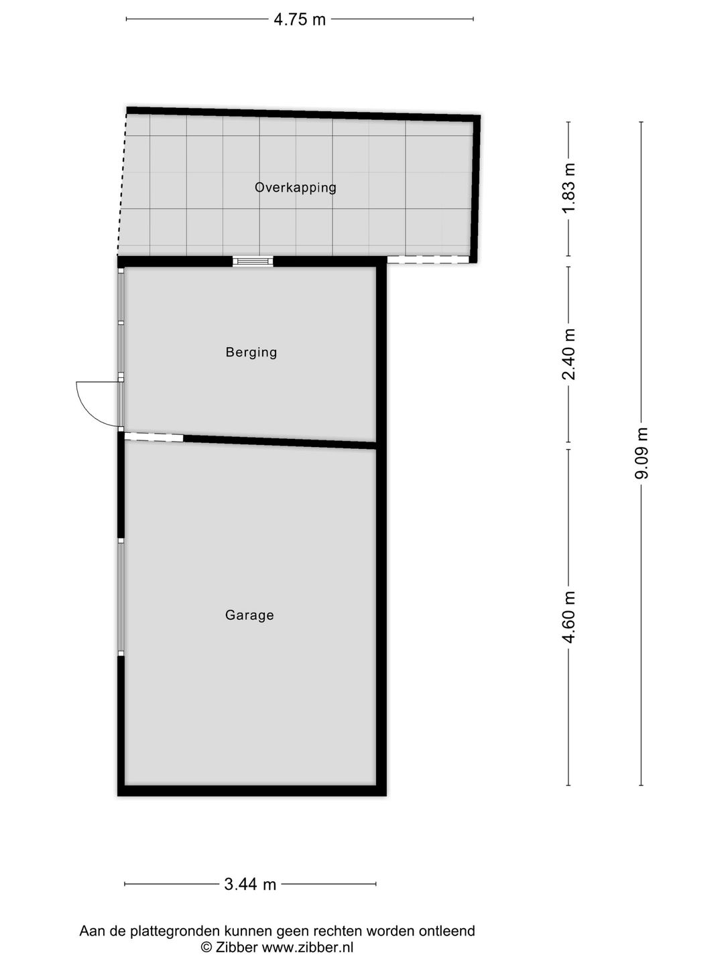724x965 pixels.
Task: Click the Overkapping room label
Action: coord(296,188)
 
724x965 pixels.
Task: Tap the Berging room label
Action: coord(251,352)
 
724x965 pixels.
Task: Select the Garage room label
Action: coord(249,615)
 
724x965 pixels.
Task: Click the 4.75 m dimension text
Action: coord(300,19)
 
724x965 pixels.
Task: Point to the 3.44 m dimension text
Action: coord(250,885)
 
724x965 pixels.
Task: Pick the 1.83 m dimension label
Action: coord(569,188)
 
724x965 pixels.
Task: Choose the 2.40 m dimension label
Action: coord(569,355)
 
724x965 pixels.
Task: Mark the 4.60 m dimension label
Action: coord(569,617)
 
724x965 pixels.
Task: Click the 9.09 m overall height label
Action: coord(642,454)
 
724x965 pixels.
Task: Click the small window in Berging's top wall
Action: coord(253,261)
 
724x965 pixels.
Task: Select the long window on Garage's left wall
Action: coord(121,596)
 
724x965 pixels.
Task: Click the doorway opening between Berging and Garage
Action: coord(154,438)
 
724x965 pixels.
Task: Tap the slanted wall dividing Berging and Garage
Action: coord(280,442)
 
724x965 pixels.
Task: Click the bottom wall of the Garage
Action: coord(252,791)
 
